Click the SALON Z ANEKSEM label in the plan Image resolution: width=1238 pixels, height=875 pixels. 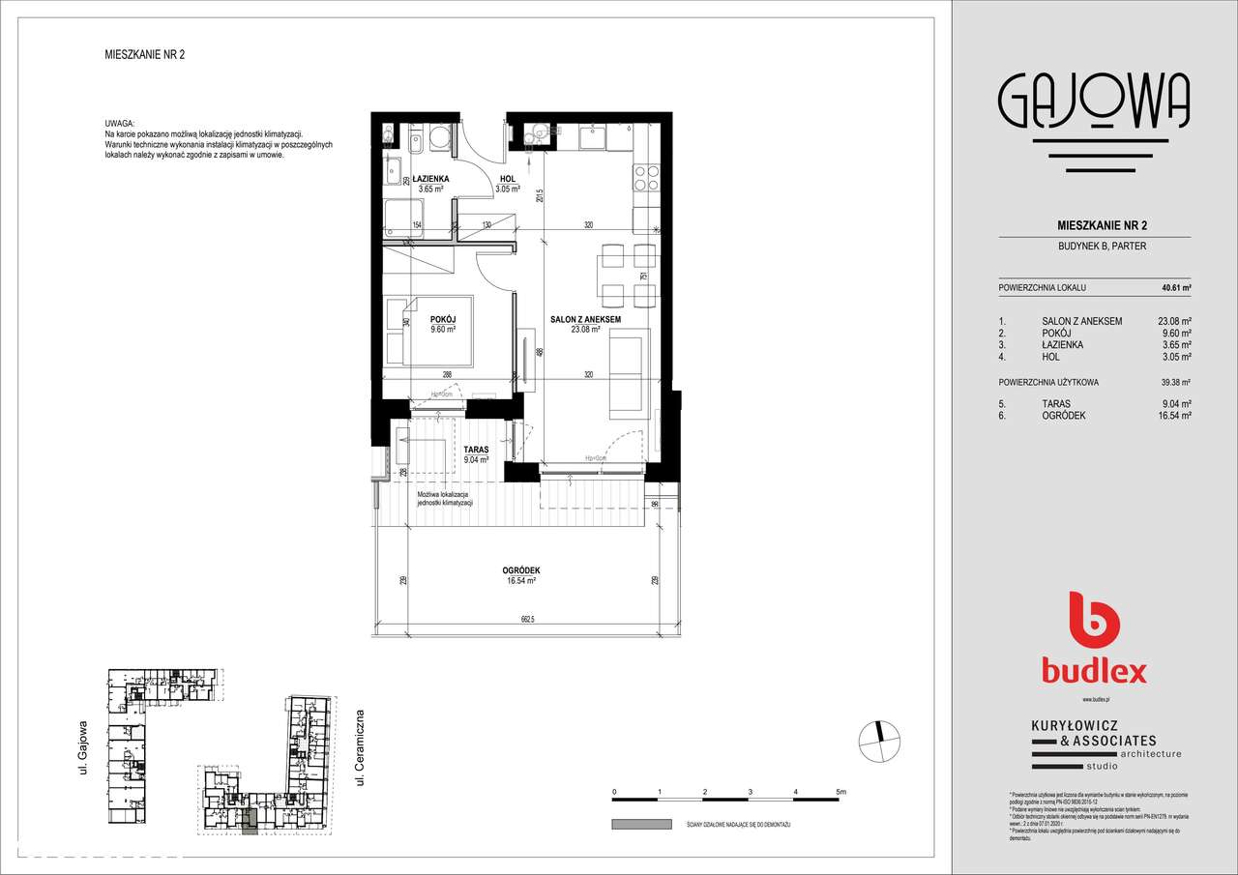tap(584, 319)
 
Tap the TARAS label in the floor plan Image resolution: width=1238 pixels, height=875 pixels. tap(476, 450)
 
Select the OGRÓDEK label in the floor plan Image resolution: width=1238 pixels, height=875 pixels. tap(519, 571)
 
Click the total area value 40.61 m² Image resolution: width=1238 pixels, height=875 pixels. tap(1175, 288)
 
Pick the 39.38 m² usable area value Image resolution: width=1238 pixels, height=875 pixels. tap(1175, 382)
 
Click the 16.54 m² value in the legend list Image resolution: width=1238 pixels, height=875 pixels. tap(1174, 415)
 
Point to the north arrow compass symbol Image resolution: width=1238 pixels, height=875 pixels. tap(878, 740)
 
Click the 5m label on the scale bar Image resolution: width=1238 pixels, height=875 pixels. tap(840, 792)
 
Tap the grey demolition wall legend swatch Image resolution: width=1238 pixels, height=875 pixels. tap(640, 824)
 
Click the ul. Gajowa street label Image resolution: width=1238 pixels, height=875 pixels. tap(84, 746)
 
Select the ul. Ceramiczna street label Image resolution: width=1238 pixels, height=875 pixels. tap(359, 746)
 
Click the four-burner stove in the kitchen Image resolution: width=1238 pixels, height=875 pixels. tap(646, 178)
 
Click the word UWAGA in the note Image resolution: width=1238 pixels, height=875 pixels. tap(120, 125)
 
